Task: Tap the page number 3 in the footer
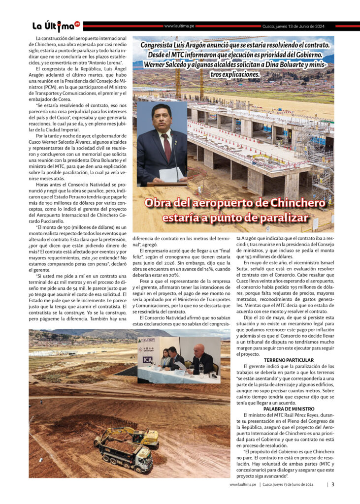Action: [333, 484]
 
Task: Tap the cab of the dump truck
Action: [143, 461]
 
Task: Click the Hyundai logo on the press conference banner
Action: [148, 340]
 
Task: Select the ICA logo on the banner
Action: [147, 359]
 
